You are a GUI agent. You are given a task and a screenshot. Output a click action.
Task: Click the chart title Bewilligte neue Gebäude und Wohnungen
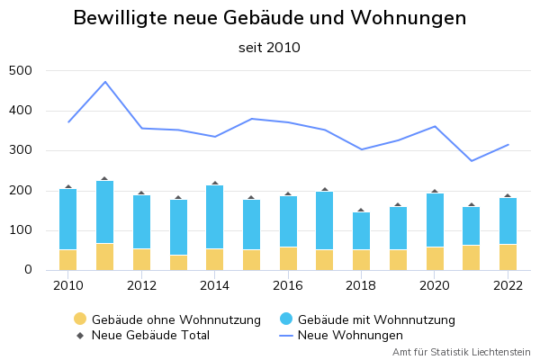point(270,18)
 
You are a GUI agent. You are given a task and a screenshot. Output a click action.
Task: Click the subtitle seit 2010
point(270,48)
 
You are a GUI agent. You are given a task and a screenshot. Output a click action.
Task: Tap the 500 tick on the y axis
point(20,71)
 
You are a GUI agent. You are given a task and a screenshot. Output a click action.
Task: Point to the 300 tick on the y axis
point(20,150)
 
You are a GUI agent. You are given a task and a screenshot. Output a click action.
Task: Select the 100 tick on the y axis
point(20,230)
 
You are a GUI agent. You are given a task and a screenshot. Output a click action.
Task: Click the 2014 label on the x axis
point(215,285)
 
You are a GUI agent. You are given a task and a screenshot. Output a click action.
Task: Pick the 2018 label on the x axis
point(362,285)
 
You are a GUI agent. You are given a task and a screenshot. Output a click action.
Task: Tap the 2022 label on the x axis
point(508,285)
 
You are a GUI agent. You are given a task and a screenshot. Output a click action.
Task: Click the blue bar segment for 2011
point(105,212)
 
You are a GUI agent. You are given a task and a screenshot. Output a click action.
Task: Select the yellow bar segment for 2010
point(68,259)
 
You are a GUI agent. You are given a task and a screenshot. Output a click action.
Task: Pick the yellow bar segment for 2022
point(508,256)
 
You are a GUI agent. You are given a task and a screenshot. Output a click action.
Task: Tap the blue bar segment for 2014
point(215,217)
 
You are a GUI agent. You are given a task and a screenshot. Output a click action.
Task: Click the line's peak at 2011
point(105,82)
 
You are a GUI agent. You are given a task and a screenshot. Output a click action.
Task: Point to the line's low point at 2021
point(472,161)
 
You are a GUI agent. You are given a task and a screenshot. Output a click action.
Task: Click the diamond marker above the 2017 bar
point(325,190)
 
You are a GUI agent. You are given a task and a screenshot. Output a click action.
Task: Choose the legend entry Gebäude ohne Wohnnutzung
point(166,319)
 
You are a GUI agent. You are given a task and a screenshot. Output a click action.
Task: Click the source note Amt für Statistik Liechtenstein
point(462,352)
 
